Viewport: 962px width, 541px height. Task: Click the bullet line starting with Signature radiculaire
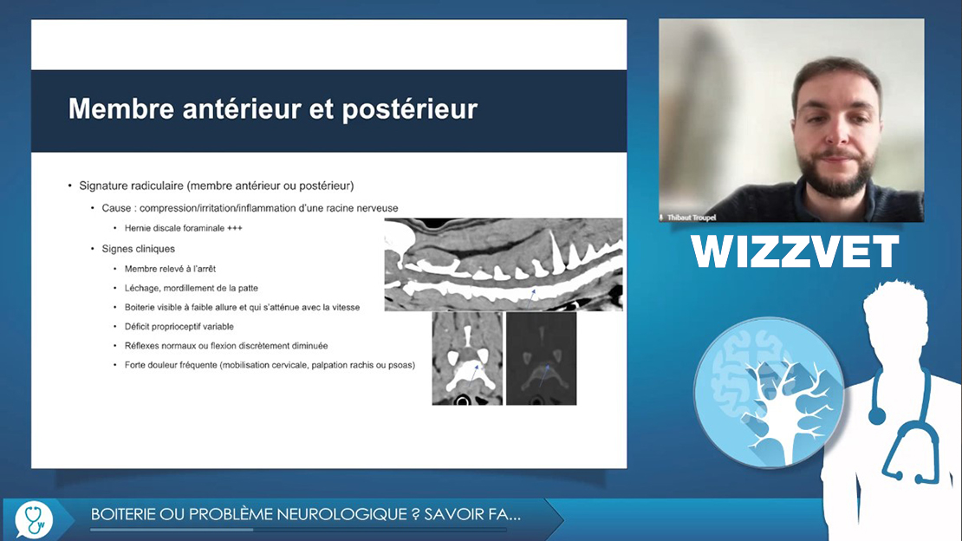pyautogui.click(x=217, y=186)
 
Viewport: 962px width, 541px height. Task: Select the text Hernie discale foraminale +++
pyautogui.click(x=184, y=228)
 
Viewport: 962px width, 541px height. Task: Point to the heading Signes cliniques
pyautogui.click(x=138, y=249)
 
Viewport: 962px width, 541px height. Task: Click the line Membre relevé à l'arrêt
pyautogui.click(x=170, y=269)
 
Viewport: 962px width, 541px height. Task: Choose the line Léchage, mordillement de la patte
pyautogui.click(x=192, y=288)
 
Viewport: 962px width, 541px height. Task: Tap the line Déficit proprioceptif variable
pyautogui.click(x=179, y=327)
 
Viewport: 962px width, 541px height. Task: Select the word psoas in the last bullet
pyautogui.click(x=402, y=365)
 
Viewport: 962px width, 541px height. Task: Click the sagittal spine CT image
pyautogui.click(x=503, y=264)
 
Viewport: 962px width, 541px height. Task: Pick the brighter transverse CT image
pyautogui.click(x=467, y=359)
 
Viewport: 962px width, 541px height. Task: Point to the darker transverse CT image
pyautogui.click(x=541, y=359)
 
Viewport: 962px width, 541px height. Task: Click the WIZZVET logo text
pyautogui.click(x=795, y=251)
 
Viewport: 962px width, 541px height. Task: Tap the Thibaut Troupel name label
pyautogui.click(x=692, y=218)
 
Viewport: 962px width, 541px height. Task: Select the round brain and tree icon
pyautogui.click(x=769, y=393)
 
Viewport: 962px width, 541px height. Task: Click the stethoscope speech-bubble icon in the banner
pyautogui.click(x=35, y=519)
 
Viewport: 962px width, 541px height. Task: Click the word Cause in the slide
pyautogui.click(x=117, y=208)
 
